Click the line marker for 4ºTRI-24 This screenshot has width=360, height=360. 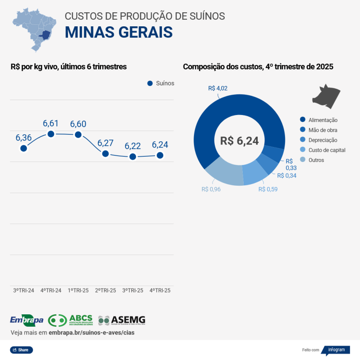51,134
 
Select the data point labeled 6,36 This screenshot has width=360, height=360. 24,148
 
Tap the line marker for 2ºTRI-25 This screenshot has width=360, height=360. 105,154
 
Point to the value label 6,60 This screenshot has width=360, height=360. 78,124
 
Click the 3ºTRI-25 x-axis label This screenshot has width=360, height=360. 133,290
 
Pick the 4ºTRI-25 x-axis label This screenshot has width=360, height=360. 160,290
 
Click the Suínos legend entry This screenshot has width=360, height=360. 161,83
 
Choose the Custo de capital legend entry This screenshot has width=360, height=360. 323,150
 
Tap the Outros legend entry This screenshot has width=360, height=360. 312,160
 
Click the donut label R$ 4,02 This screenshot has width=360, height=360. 218,88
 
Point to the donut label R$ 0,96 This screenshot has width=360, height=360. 211,189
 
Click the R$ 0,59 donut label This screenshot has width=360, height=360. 268,189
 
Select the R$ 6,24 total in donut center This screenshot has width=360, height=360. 239,140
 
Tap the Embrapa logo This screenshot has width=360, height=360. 26,320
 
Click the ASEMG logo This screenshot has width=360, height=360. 122,320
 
